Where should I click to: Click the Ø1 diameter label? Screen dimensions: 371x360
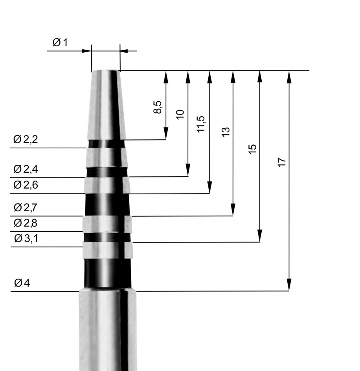point(60,42)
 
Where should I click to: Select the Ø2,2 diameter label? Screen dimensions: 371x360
point(26,140)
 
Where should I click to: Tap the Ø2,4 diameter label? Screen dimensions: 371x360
point(26,170)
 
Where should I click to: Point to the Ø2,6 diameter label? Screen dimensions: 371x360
point(26,185)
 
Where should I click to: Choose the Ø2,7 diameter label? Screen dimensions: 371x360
point(26,207)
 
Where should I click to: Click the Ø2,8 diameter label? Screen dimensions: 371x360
point(26,223)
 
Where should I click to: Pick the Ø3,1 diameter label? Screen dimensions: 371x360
point(26,238)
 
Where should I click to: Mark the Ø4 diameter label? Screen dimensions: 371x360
point(22,283)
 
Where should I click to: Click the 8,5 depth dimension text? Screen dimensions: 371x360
point(158,107)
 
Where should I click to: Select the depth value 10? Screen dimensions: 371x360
point(180,114)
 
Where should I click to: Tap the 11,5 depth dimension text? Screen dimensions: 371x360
point(202,124)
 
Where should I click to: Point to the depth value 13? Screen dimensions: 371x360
point(225,132)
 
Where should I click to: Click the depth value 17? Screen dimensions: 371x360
point(281,162)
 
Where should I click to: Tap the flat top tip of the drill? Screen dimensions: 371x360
point(105,71)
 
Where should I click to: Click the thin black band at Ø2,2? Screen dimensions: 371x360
point(106,144)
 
